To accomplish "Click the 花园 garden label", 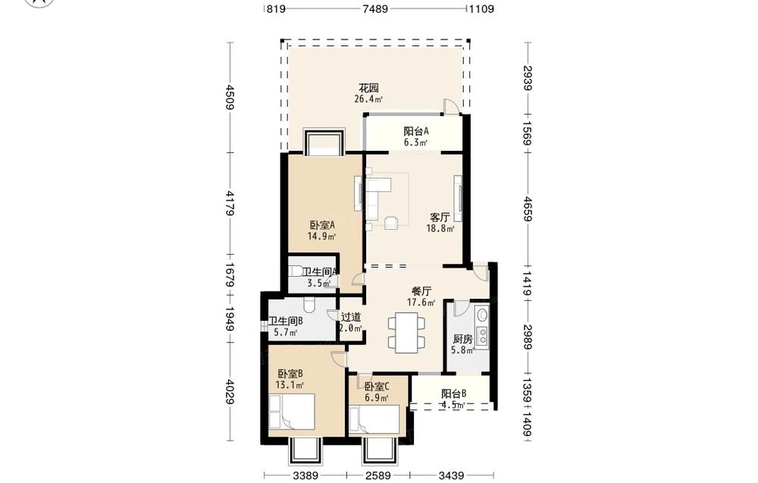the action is point(368,88).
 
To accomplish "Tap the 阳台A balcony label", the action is point(416,131).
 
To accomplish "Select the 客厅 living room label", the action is point(440,217).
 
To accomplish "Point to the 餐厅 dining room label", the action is point(421,291).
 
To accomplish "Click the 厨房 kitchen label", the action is point(462,339).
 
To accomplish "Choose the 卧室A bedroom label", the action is point(322,225).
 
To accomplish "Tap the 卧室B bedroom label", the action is point(290,374).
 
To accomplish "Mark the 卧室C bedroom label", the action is point(377,387).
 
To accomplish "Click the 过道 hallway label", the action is point(351,317).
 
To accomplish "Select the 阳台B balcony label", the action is point(453,394).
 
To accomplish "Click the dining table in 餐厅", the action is point(406,332).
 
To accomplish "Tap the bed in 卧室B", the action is point(292,412).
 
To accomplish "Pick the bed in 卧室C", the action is point(375,419).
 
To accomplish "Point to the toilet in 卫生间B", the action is point(309,305).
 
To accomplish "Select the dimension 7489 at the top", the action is point(376,8).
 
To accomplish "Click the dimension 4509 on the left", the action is point(230,97).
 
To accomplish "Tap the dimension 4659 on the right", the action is point(528,209).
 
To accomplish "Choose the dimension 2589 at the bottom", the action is point(378,475).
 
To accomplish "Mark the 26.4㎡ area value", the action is point(368,99).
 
